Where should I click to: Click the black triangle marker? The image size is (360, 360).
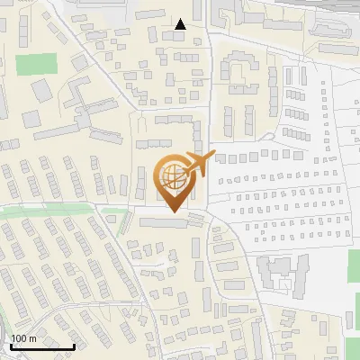[x=181, y=24]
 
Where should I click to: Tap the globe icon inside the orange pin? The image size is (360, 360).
[x=173, y=175]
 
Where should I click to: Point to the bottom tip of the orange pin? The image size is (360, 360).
[x=173, y=212]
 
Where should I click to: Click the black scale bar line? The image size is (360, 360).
[x=41, y=346]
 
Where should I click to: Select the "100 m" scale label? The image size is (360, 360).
[x=24, y=338]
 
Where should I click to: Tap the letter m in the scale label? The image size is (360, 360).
[x=32, y=338]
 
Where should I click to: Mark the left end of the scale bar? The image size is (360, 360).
[x=10, y=346]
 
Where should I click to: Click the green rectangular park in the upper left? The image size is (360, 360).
[x=35, y=65]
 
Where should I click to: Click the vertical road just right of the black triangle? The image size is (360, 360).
[x=210, y=54]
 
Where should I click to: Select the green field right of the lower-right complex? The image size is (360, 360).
[x=353, y=270]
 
